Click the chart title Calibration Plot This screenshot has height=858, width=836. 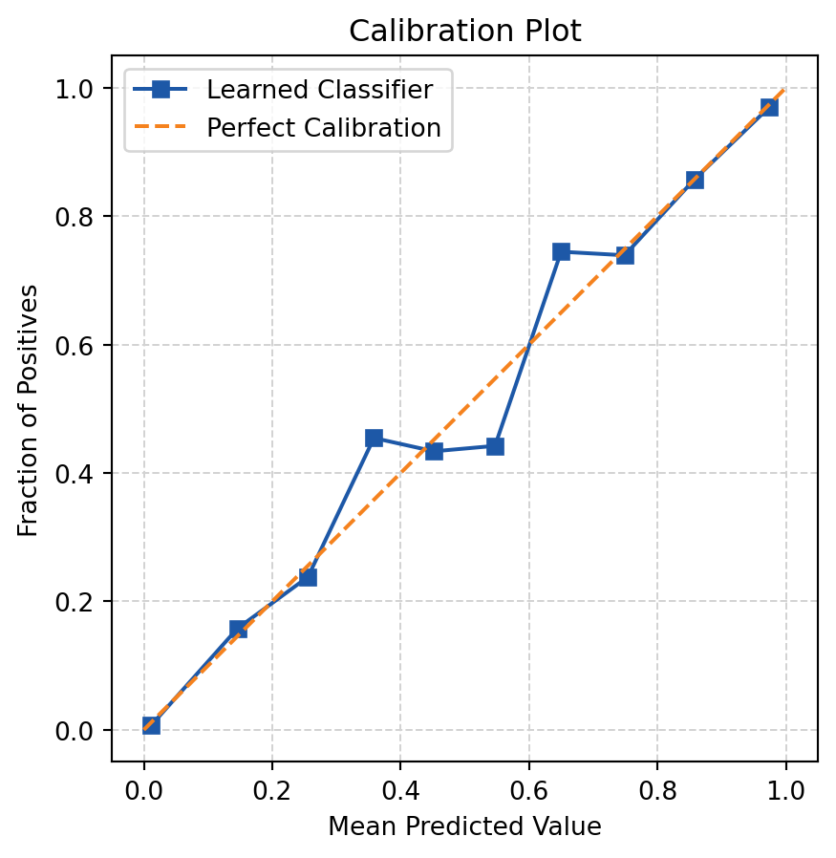464,31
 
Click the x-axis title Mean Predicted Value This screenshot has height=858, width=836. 464,827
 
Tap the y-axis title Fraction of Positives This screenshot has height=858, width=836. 30,409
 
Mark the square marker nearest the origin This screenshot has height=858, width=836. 151,725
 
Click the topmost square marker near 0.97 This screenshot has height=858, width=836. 768,107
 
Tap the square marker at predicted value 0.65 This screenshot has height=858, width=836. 561,252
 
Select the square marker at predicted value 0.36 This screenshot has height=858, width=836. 374,439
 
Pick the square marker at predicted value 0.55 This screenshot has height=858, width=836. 495,446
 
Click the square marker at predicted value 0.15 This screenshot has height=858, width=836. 238,629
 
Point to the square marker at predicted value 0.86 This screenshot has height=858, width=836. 695,180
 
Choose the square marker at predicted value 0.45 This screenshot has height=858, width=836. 434,451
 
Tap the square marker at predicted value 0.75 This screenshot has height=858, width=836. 625,255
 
